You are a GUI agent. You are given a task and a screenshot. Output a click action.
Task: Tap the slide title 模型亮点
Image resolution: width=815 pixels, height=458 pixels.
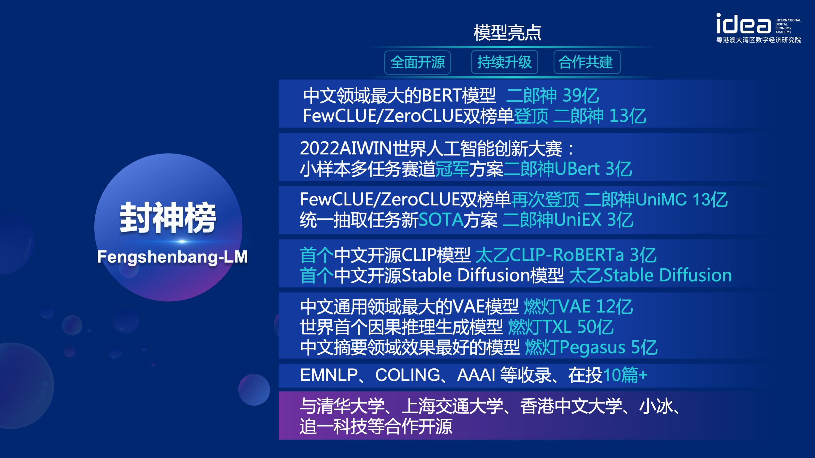tap(507, 33)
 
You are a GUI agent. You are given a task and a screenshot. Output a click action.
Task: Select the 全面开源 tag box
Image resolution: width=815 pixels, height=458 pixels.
tap(417, 62)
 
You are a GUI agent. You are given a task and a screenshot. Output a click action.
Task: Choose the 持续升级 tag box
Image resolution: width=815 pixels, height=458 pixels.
tap(504, 62)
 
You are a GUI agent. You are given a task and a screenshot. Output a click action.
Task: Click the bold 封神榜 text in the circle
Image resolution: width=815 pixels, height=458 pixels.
tap(168, 218)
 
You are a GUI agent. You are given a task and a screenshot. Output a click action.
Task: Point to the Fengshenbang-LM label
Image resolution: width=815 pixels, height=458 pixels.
tap(172, 256)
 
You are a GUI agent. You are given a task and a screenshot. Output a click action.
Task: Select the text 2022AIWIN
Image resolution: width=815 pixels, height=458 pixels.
tap(346, 148)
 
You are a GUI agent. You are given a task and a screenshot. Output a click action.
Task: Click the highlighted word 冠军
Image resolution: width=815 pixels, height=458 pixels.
tap(452, 169)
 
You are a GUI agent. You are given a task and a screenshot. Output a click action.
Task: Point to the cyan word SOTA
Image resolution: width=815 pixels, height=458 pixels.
tap(441, 220)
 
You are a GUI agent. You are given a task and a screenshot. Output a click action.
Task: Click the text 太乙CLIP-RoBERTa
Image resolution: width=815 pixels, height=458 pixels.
tap(549, 255)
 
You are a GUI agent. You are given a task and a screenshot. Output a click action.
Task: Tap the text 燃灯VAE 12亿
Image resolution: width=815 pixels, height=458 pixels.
tap(578, 307)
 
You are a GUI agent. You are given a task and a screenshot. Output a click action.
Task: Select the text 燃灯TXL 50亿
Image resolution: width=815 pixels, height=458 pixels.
tap(561, 327)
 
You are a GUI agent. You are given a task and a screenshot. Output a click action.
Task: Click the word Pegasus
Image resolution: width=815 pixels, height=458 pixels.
tap(592, 348)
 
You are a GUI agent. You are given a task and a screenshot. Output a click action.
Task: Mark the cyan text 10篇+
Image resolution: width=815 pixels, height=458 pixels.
tap(625, 375)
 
